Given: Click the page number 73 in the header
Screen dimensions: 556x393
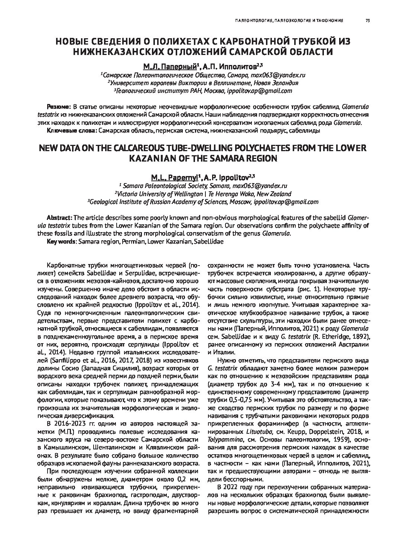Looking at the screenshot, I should pyautogui.click(x=367, y=21).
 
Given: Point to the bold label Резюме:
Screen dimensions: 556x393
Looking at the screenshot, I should pyautogui.click(x=58, y=107).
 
